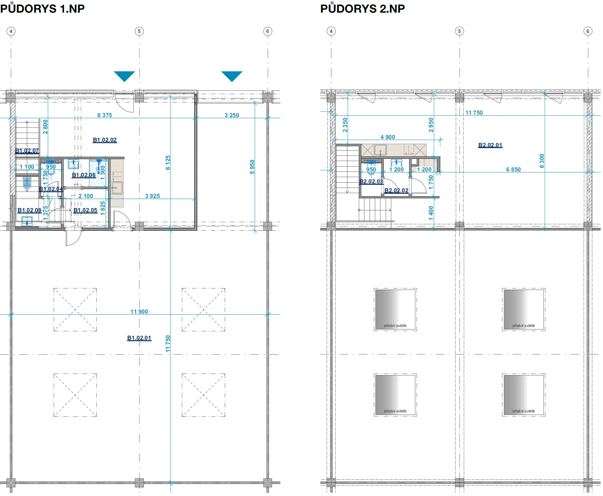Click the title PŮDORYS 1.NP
pos(42,8)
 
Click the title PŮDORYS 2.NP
pos(362,8)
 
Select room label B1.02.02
pos(105,140)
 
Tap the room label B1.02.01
pos(139,338)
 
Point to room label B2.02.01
pos(490,145)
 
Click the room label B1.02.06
pos(84,175)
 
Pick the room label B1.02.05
pos(85,210)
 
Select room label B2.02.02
pos(396,190)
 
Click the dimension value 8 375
pos(105,115)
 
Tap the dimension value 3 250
pos(232,115)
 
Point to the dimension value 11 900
pos(139,312)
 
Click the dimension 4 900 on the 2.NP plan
pos(388,137)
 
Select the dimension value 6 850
pos(513,169)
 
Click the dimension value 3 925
pos(153,196)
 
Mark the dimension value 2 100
pos(86,196)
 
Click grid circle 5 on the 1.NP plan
pos(139,31)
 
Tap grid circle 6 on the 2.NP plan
pos(588,31)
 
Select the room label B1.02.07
pos(27,151)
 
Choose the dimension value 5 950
pos(252,167)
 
